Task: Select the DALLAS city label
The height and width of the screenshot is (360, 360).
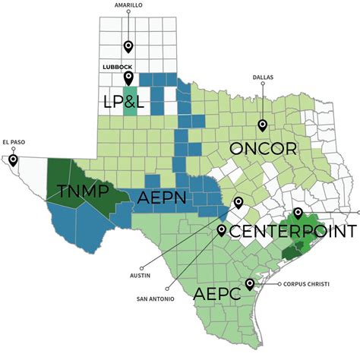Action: coord(262,77)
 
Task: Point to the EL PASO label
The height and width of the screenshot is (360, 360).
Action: coord(14,141)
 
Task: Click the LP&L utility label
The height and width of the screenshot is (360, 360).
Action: coord(134,101)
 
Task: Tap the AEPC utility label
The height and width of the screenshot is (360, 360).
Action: coord(219,293)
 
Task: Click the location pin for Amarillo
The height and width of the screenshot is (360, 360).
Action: coord(128,47)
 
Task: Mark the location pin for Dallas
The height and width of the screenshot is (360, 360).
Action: coord(262,125)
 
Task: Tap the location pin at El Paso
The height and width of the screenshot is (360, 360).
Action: coord(12,160)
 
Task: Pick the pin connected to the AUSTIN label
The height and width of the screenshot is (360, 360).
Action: coord(238,202)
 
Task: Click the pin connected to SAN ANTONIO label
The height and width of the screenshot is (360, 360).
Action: coord(221,230)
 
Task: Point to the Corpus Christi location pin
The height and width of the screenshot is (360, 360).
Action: coord(250,284)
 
